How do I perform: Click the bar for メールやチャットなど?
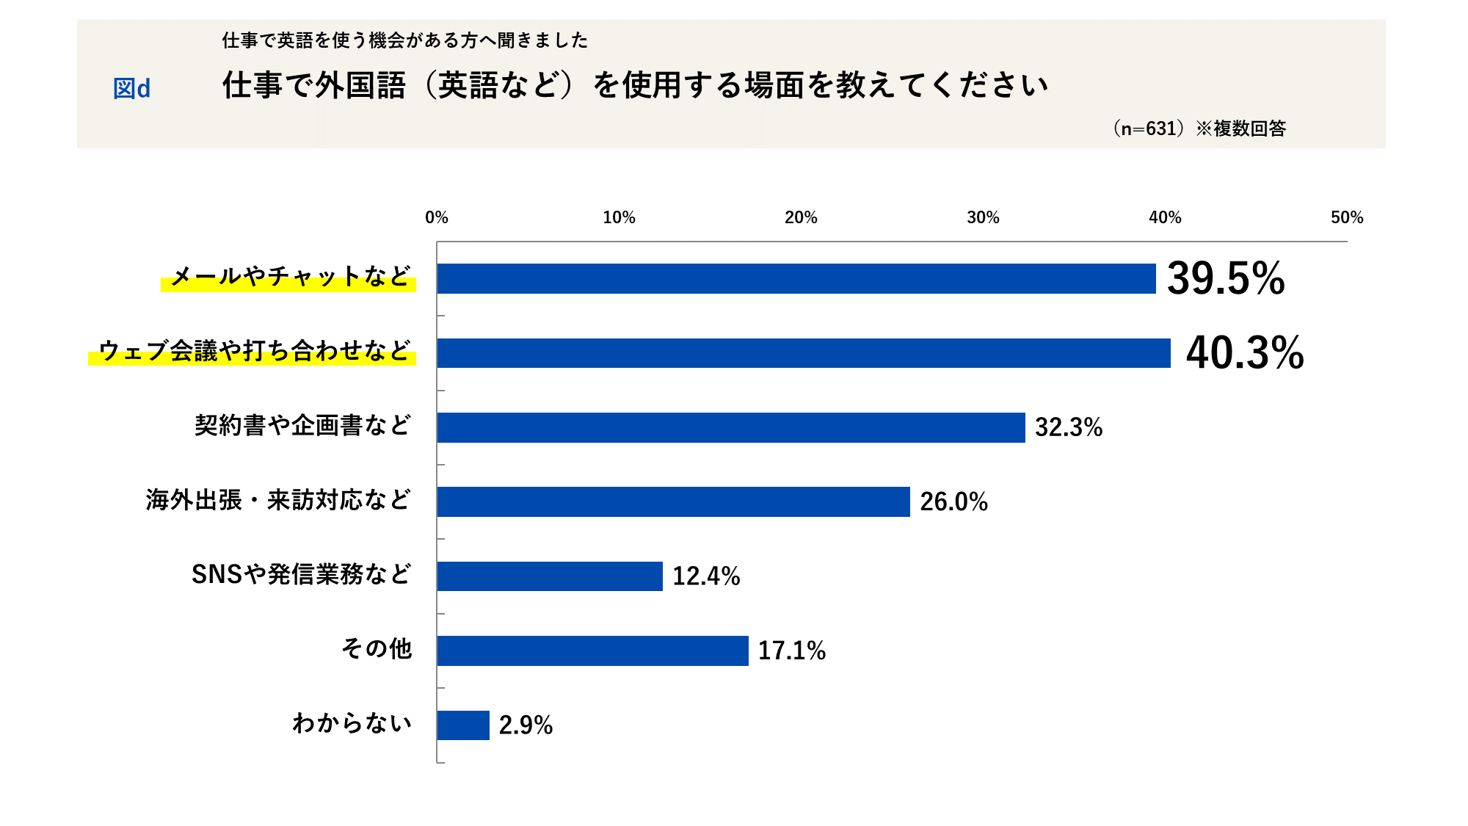(796, 278)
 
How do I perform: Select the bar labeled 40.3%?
(804, 353)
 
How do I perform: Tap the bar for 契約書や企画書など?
(731, 427)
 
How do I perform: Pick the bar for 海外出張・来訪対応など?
(673, 501)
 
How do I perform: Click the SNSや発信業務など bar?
(550, 576)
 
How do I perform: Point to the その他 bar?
(592, 651)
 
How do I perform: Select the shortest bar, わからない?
(463, 725)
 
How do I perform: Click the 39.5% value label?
(1226, 278)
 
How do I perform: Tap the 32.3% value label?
(1069, 427)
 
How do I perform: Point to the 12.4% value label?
(706, 576)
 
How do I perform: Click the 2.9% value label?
(526, 725)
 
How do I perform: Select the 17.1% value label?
(791, 651)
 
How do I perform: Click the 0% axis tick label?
(437, 217)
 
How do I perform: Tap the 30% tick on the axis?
(983, 217)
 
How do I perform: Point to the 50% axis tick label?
(1347, 217)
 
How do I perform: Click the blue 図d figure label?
(131, 89)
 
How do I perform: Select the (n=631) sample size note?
(1149, 128)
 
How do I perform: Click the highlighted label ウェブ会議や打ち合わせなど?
(254, 351)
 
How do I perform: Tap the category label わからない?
(352, 723)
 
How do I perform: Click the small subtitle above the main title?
(405, 40)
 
